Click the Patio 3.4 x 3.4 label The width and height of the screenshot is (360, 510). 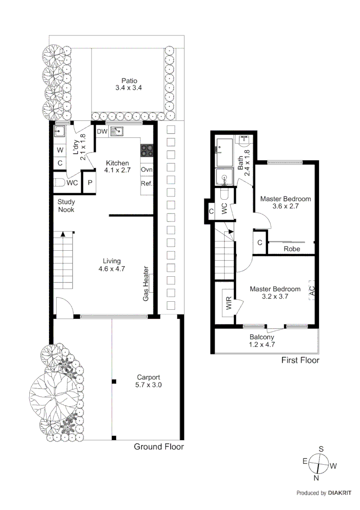128,84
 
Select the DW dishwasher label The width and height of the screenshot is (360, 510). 102,132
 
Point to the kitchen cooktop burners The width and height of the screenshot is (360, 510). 146,150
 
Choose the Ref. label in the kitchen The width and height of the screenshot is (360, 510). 146,184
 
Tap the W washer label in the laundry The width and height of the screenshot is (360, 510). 60,150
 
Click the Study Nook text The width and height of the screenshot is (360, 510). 66,205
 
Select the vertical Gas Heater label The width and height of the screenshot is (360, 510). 146,283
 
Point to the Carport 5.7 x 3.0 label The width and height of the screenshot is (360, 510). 149,381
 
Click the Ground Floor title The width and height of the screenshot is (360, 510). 159,447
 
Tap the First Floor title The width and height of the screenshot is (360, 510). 300,360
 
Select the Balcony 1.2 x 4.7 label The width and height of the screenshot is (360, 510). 262,341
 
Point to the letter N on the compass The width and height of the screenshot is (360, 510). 317,477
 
